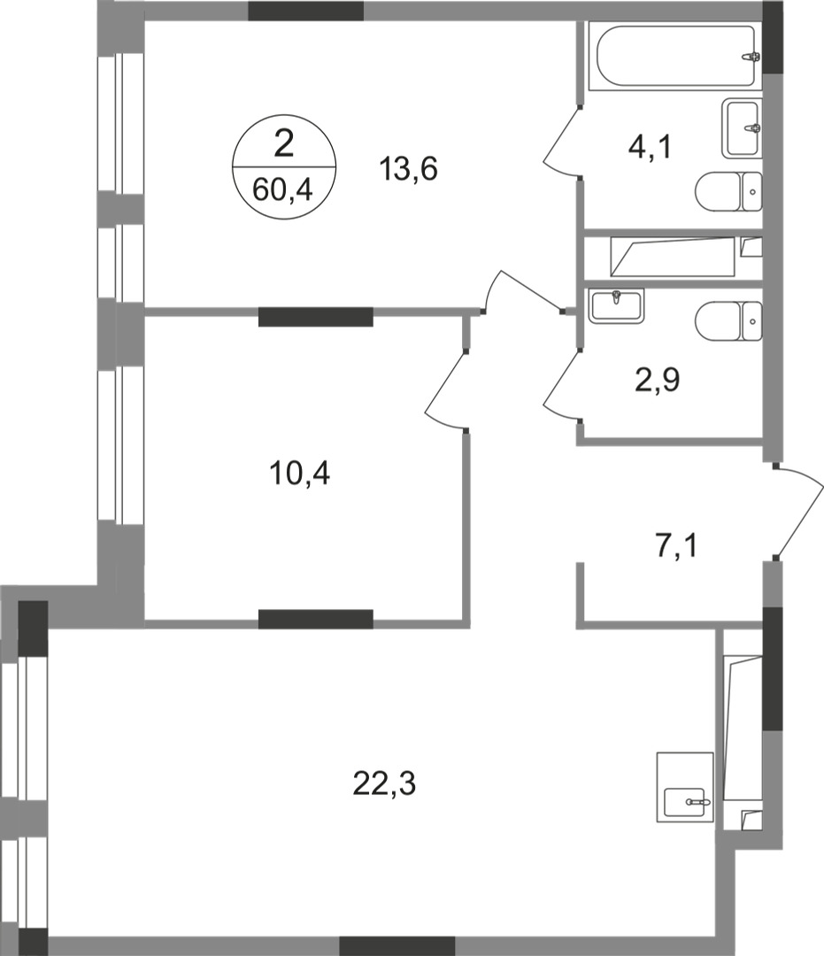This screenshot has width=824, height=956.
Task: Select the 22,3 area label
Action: [385, 783]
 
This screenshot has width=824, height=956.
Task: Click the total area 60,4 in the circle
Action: [283, 189]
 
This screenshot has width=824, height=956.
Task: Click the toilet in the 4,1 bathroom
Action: [728, 190]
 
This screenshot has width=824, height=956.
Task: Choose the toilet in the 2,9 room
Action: [728, 320]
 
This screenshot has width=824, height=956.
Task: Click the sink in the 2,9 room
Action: [616, 305]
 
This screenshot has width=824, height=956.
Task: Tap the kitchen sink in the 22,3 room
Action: [687, 802]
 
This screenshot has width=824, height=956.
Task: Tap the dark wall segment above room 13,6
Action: [305, 11]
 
